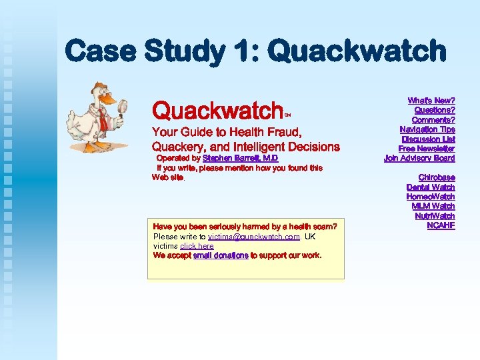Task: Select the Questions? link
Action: tap(434, 110)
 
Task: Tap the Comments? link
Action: tap(434, 120)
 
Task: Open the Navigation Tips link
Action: tap(427, 129)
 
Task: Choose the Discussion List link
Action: tap(428, 139)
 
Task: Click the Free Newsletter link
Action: tap(427, 149)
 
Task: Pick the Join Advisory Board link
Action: tap(419, 158)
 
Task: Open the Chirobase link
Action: tap(437, 178)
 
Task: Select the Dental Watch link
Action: tap(431, 187)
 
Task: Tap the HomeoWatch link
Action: tap(431, 197)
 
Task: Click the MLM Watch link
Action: tap(433, 206)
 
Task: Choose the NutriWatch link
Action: tap(435, 216)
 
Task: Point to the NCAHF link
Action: tap(441, 225)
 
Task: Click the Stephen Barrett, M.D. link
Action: tap(240, 159)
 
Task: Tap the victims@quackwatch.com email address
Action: tap(254, 237)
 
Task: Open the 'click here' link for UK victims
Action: tap(197, 246)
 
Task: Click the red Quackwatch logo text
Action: tap(218, 110)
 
